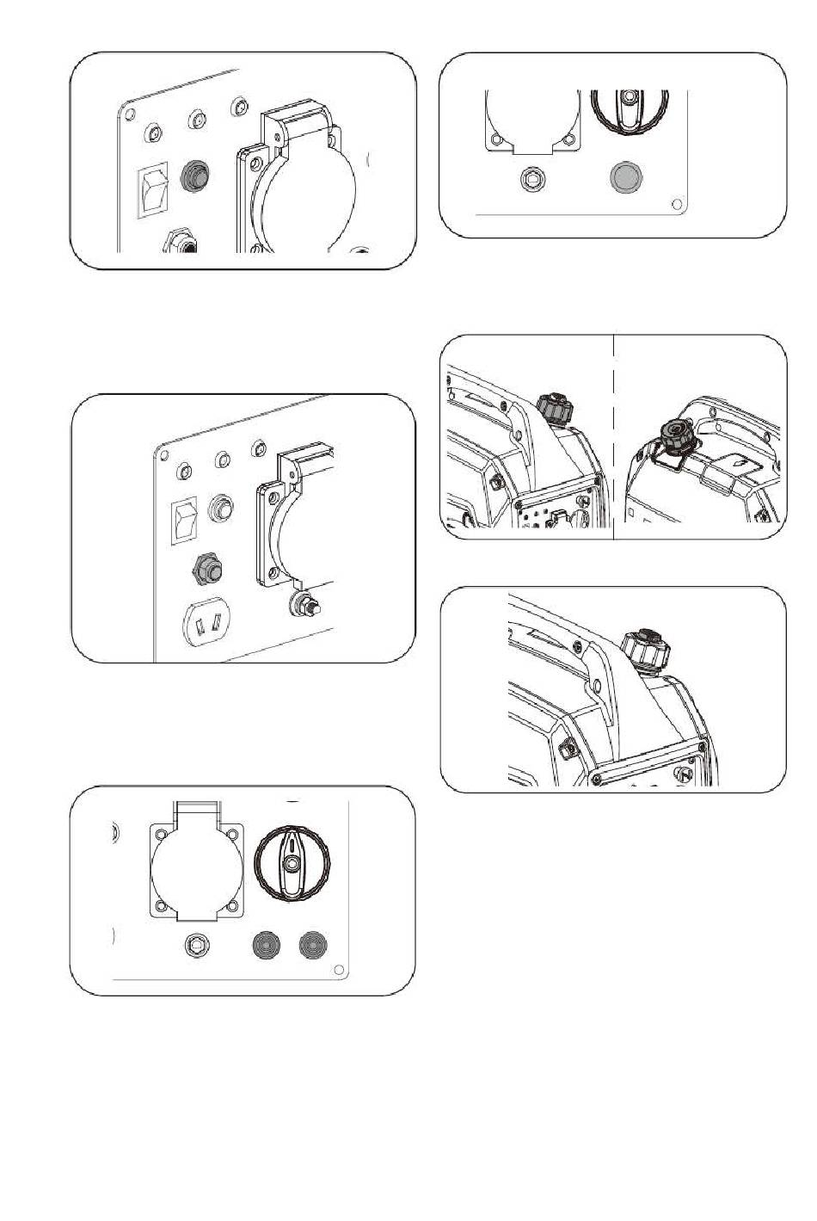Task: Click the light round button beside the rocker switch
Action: [x=223, y=506]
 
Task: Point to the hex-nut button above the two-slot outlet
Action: [x=209, y=569]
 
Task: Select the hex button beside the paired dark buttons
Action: [x=198, y=947]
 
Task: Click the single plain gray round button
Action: [x=625, y=178]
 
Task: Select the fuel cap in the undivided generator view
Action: [x=643, y=646]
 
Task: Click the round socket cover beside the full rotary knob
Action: [x=194, y=871]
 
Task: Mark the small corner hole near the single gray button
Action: [x=678, y=204]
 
